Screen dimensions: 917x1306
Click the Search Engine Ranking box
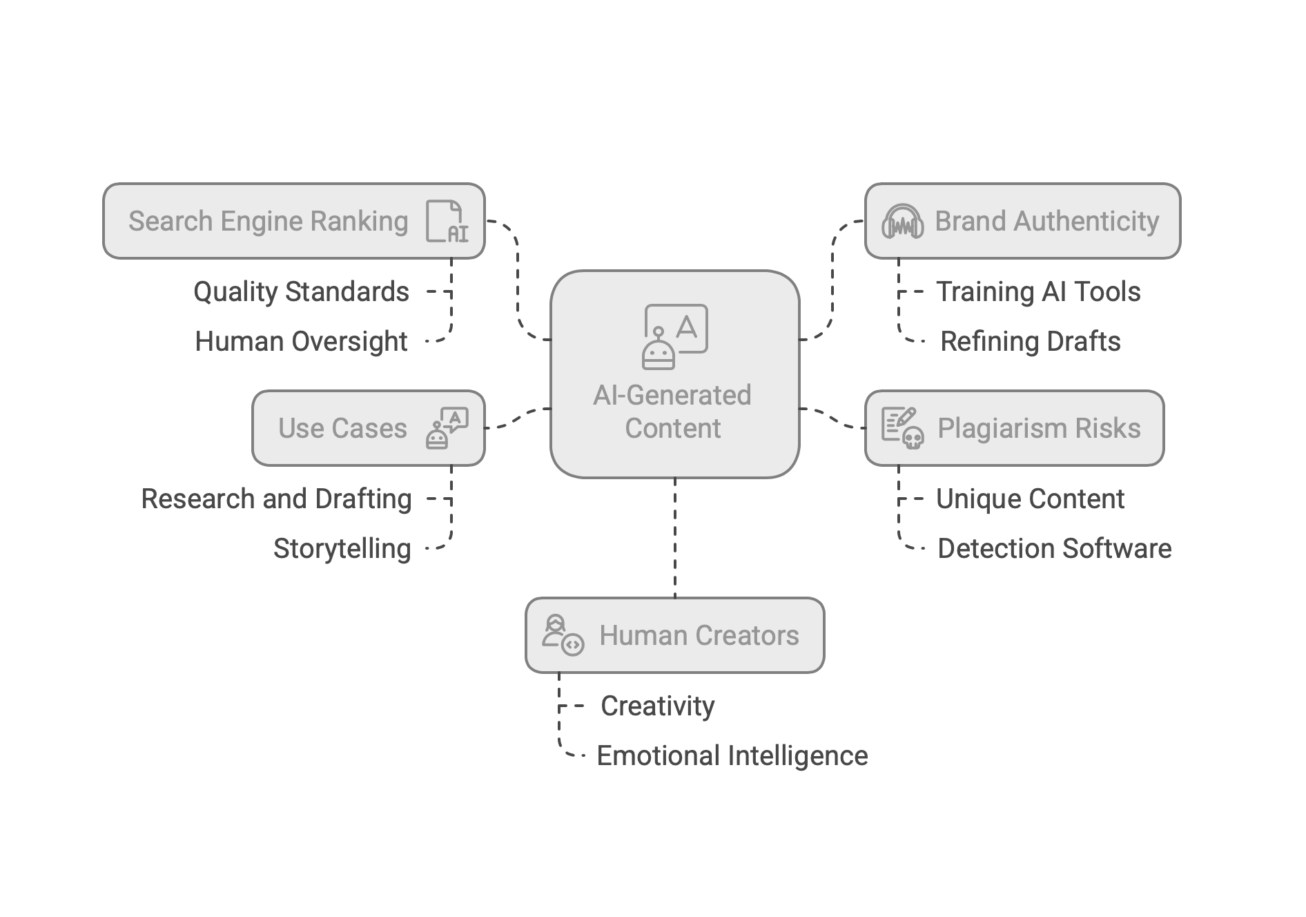point(269,221)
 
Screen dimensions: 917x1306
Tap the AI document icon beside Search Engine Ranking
point(446,222)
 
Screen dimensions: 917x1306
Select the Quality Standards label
point(301,291)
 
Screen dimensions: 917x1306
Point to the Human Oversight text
point(301,341)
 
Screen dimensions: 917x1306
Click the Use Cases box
point(342,428)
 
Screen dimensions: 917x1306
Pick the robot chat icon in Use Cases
point(447,428)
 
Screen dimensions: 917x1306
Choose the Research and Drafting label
point(276,499)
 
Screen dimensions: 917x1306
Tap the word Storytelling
point(342,548)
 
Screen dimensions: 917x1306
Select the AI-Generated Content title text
point(673,412)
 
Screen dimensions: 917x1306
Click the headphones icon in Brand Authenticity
point(903,222)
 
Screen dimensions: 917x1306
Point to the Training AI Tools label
point(1037,291)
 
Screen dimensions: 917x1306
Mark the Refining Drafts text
point(1030,341)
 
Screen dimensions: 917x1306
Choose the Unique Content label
point(1030,499)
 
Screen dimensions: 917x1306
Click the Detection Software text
point(1054,548)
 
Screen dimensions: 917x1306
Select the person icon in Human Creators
point(562,635)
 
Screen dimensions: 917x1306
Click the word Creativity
point(657,706)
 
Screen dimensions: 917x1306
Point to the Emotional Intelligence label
point(732,755)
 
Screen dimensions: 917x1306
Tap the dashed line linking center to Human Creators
point(674,539)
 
